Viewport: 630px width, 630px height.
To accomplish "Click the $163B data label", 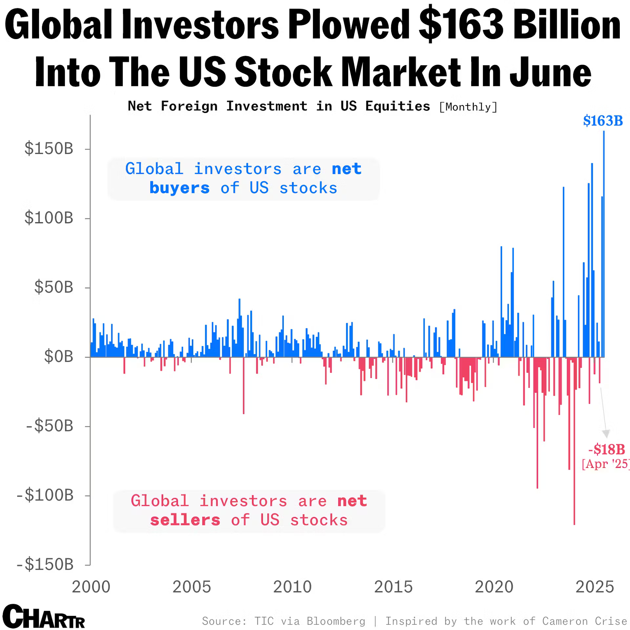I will pos(603,121).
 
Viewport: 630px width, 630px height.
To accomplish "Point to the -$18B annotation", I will pos(607,449).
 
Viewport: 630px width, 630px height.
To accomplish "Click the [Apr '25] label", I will pos(605,464).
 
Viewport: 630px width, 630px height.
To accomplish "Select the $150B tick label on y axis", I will pos(49,149).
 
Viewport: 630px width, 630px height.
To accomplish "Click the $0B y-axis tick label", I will pos(59,357).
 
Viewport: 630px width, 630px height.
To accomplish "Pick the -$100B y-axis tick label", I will pos(45,495).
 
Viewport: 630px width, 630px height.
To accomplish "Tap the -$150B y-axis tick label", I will pos(45,565).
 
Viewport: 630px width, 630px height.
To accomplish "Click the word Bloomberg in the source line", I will pos(336,621).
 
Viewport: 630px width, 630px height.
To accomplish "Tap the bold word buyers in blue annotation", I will pos(179,188).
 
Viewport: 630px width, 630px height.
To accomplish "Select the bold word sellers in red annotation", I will pos(185,520).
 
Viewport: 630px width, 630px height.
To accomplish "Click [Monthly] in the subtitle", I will pos(468,107).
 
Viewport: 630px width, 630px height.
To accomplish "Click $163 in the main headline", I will pos(461,26).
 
